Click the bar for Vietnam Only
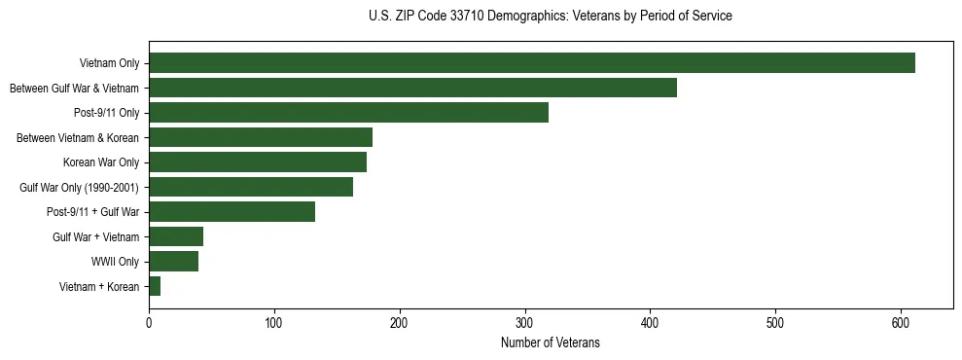coord(532,63)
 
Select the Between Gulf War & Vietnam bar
coord(412,88)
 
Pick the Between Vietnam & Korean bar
coord(261,137)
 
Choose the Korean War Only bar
coord(258,162)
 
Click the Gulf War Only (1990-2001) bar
coord(251,187)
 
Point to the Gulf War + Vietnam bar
coord(176,236)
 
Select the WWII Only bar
coord(173,261)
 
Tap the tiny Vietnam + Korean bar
coord(155,286)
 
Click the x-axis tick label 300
coord(525,323)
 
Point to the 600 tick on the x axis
coord(901,323)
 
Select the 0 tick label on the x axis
coord(149,323)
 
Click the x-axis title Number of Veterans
coord(550,342)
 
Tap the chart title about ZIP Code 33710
coord(550,16)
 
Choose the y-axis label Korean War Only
coord(101,162)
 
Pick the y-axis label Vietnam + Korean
coord(98,286)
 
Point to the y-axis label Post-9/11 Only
coord(106,113)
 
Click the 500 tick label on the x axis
coord(775,323)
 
